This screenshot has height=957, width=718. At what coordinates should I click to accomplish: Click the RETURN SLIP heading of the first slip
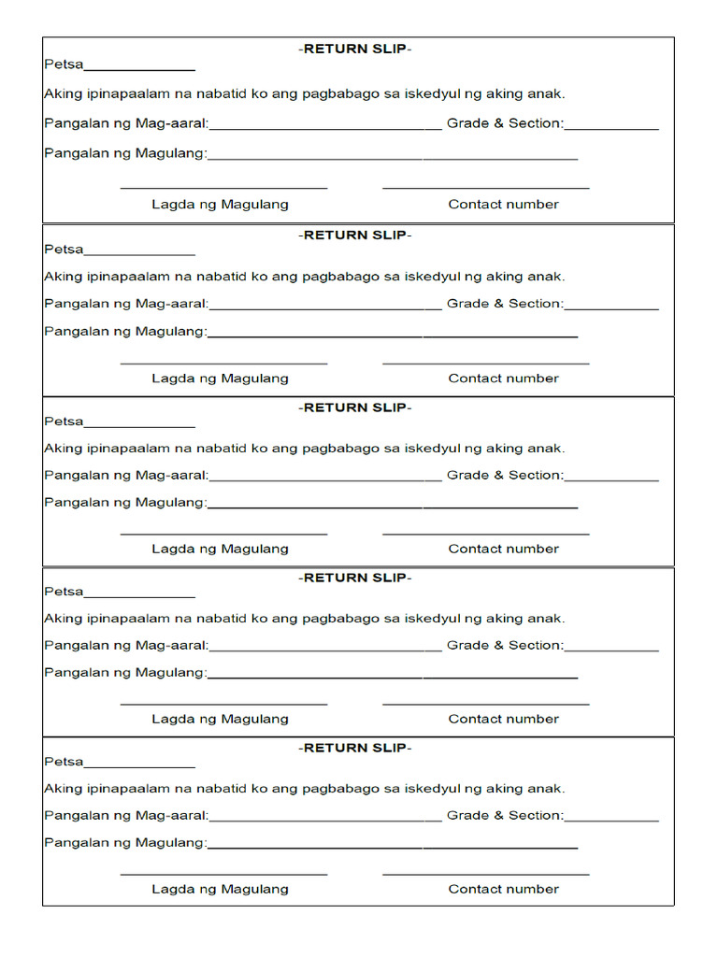355,49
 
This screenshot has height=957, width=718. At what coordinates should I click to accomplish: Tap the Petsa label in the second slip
64,250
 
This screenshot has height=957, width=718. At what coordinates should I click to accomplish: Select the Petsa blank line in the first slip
139,68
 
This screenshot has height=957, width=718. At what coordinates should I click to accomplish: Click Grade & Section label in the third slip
505,475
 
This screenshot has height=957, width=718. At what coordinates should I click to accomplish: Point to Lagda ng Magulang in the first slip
220,204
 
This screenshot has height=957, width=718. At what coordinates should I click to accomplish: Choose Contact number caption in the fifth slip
503,889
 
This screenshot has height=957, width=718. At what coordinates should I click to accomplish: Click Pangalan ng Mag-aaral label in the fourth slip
126,645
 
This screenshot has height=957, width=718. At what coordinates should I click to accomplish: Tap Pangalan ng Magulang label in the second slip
125,331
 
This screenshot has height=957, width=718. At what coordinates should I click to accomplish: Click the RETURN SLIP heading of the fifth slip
355,748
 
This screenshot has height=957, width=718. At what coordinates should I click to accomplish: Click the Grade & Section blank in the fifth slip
611,820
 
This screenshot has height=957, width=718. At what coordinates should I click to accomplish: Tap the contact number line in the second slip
485,364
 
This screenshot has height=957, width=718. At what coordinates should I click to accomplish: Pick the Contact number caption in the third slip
503,549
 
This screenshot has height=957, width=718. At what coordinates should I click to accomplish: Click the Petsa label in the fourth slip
64,592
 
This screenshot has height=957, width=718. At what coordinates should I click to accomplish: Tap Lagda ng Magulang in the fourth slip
220,719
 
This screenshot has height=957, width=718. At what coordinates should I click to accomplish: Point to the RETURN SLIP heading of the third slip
355,407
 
